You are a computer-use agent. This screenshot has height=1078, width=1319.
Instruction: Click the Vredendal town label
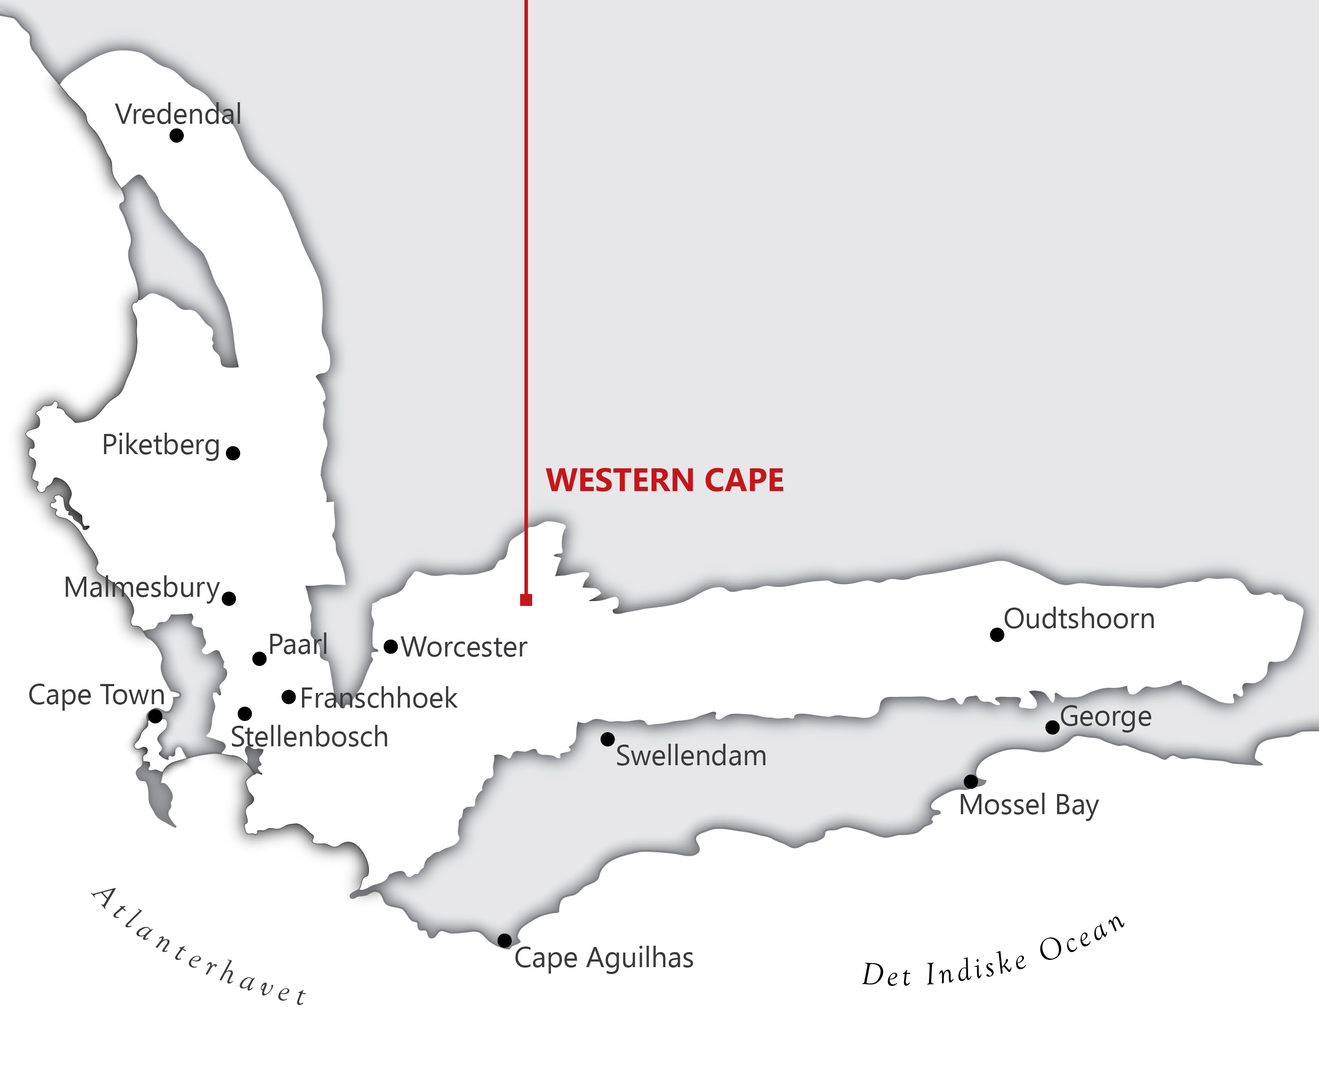pyautogui.click(x=178, y=114)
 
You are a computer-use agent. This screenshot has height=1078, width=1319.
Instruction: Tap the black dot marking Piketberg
pyautogui.click(x=233, y=453)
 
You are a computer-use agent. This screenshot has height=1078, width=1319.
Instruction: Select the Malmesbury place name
pyautogui.click(x=142, y=587)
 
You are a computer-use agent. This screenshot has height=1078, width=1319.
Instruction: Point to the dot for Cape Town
pyautogui.click(x=155, y=717)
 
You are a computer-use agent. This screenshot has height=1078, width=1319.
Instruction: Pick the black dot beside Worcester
pyautogui.click(x=390, y=647)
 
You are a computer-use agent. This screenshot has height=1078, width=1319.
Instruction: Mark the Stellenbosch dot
pyautogui.click(x=244, y=714)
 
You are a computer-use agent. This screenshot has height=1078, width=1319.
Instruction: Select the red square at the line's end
pyautogui.click(x=526, y=600)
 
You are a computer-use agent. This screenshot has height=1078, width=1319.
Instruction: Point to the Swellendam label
pyautogui.click(x=691, y=756)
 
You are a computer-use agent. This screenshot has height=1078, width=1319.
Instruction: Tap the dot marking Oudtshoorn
pyautogui.click(x=997, y=635)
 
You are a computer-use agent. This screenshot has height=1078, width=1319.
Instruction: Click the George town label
pyautogui.click(x=1106, y=717)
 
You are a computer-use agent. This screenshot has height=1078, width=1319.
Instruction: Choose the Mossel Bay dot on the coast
pyautogui.click(x=971, y=781)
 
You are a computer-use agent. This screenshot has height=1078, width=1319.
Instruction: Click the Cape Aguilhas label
pyautogui.click(x=604, y=958)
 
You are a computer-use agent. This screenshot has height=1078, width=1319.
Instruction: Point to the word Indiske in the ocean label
pyautogui.click(x=976, y=969)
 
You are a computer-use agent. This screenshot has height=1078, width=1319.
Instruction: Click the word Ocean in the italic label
pyautogui.click(x=1081, y=940)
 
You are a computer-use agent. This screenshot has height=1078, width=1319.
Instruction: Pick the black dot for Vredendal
pyautogui.click(x=177, y=135)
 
